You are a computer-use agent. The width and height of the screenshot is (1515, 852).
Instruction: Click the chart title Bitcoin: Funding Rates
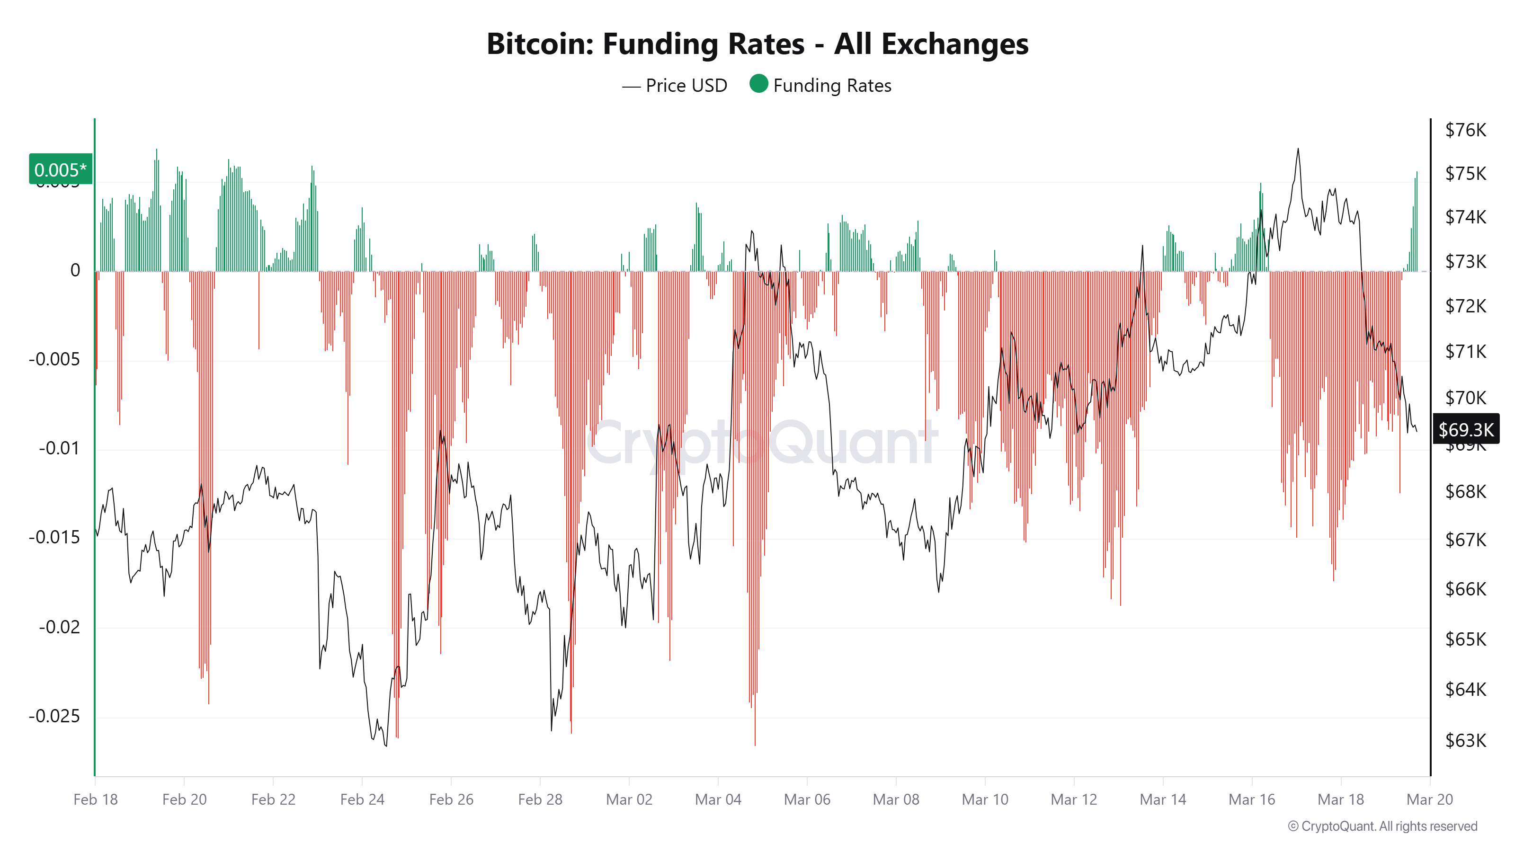[757, 44]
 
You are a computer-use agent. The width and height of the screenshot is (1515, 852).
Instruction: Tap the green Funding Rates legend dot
[758, 84]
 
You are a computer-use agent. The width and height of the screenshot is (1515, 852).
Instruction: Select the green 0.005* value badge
[61, 169]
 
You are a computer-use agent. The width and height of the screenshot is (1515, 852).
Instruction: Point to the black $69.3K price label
[1466, 429]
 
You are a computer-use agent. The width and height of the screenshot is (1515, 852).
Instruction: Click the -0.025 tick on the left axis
[54, 716]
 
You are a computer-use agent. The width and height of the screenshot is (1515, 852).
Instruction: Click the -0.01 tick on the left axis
[59, 448]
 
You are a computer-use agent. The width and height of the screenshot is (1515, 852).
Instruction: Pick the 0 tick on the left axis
[75, 270]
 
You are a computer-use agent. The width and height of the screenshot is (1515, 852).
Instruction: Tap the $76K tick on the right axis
[1465, 130]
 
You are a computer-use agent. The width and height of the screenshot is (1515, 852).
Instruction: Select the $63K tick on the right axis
[1465, 740]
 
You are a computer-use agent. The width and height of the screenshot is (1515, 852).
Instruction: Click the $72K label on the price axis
[1465, 306]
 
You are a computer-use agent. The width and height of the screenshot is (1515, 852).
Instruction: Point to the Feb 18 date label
[95, 799]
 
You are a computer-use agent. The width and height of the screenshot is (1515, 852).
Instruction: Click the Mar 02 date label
[629, 799]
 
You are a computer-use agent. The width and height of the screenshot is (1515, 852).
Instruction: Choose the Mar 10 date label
[985, 799]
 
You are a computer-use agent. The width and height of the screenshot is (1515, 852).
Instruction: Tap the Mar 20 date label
[1429, 799]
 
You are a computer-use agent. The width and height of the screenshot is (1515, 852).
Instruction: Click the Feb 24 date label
[362, 799]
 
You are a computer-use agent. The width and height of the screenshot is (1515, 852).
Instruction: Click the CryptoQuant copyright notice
[1382, 826]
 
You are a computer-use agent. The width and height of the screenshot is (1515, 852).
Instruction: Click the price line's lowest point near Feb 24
[386, 745]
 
